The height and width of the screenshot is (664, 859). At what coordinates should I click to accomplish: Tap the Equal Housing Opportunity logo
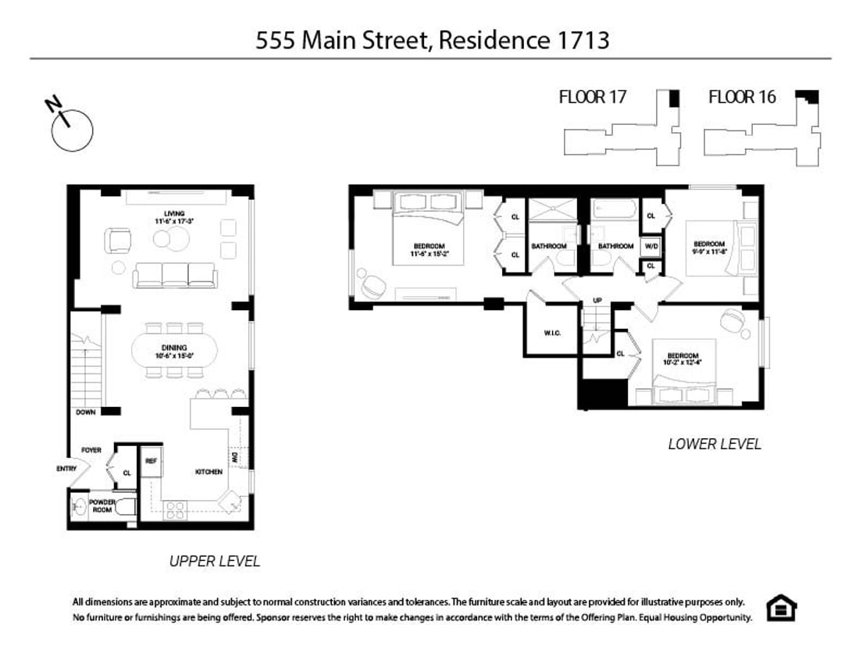pyautogui.click(x=780, y=608)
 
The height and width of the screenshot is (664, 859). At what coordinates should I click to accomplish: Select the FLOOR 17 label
pyautogui.click(x=593, y=97)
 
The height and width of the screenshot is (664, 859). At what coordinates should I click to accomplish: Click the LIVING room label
pyautogui.click(x=173, y=214)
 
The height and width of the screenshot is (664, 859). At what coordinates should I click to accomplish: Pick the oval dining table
pyautogui.click(x=174, y=352)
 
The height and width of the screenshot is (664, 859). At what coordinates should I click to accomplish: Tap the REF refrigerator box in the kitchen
pyautogui.click(x=151, y=461)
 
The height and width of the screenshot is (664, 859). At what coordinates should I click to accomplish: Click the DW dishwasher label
pyautogui.click(x=233, y=456)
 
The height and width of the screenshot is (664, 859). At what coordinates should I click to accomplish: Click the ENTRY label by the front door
pyautogui.click(x=66, y=469)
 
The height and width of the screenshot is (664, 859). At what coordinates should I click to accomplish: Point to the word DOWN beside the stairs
pyautogui.click(x=86, y=412)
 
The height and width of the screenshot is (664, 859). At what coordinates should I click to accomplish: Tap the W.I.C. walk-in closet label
pyautogui.click(x=552, y=334)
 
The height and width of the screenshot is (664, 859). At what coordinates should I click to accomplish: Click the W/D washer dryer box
pyautogui.click(x=651, y=246)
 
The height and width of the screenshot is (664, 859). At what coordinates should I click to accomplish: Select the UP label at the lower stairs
pyautogui.click(x=597, y=300)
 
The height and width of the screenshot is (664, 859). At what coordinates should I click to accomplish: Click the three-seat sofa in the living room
pyautogui.click(x=175, y=275)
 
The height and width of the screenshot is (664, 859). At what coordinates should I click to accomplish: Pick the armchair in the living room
pyautogui.click(x=119, y=240)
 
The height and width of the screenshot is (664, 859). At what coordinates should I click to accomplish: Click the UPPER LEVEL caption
pyautogui.click(x=214, y=561)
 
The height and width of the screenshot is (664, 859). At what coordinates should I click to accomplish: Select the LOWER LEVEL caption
pyautogui.click(x=714, y=444)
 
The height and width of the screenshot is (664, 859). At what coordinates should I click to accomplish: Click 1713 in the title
pyautogui.click(x=579, y=41)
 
